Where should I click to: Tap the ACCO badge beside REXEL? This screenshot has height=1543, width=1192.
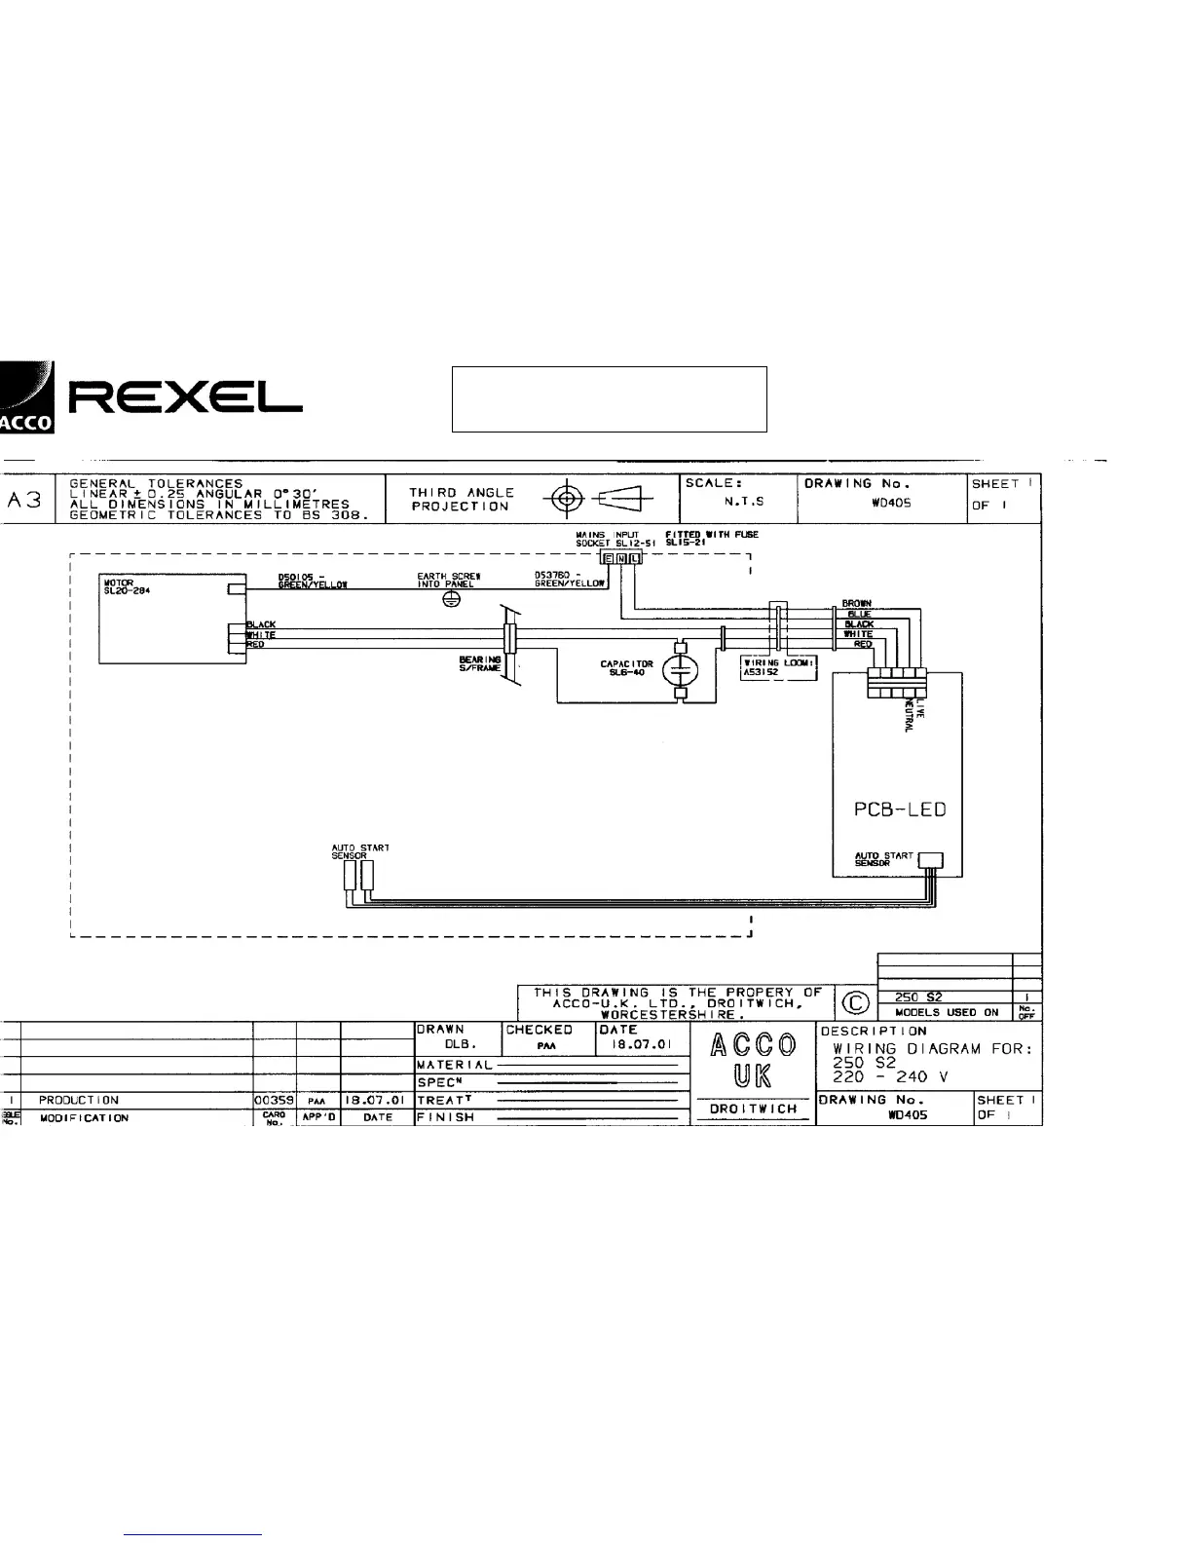point(27,397)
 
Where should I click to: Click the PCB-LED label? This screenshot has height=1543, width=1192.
point(893,810)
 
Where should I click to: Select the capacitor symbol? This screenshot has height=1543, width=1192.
point(681,669)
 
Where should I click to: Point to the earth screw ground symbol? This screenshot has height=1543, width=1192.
point(451,600)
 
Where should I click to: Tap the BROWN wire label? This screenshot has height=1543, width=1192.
point(857,604)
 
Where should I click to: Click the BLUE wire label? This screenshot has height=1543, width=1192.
point(859,615)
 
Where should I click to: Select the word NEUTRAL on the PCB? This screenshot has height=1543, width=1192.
point(909,716)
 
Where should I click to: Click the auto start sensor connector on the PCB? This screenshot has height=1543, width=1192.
point(931,860)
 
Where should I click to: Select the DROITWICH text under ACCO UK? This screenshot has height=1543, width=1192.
point(755,1109)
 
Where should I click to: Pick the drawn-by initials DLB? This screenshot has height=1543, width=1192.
point(459,1043)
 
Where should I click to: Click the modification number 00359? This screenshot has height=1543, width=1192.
point(274,1100)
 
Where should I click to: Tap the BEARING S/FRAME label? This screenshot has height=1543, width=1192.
point(480,663)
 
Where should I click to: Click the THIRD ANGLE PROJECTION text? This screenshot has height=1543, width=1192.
point(461,500)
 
